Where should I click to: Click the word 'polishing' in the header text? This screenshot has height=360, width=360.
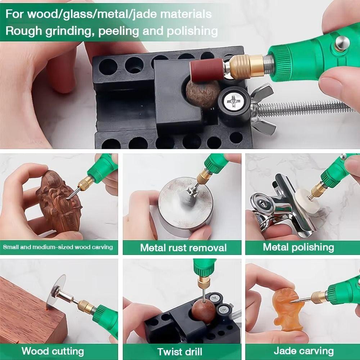coord(192,31)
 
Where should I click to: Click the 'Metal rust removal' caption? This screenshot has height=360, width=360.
coord(183,248)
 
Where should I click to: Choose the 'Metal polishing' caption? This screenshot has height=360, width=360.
coord(298,247)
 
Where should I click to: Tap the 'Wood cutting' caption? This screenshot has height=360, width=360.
coord(53,351)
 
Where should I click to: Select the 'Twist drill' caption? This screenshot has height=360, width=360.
coord(180,351)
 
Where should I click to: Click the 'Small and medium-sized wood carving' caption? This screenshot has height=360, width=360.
coord(58,247)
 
